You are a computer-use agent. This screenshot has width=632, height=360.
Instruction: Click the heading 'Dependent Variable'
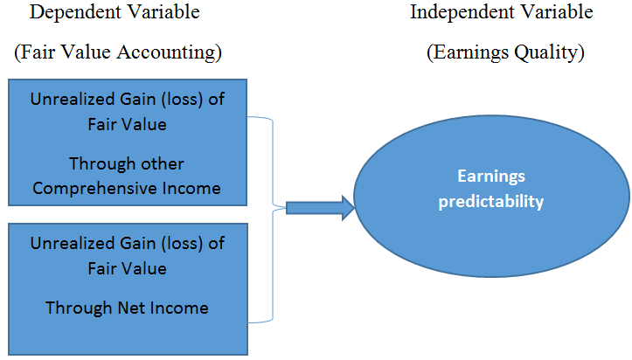[115, 12]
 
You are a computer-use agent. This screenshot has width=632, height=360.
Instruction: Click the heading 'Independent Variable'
[502, 12]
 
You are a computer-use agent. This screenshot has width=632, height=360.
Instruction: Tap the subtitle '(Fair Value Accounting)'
[118, 52]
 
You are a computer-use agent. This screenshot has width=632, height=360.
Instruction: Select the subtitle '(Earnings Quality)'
[505, 52]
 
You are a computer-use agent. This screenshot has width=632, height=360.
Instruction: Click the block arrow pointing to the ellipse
[321, 208]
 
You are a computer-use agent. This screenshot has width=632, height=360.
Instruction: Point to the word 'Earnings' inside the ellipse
[491, 176]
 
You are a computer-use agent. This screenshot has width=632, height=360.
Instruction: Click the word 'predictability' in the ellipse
[491, 201]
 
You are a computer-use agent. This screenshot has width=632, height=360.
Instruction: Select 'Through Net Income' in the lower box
[127, 308]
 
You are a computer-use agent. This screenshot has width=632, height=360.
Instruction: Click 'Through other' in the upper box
[127, 164]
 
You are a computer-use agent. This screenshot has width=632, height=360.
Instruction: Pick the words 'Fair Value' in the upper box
[127, 124]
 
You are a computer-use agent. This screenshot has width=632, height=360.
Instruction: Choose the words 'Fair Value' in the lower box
[127, 268]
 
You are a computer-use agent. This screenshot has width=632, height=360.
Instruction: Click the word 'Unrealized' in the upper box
[67, 99]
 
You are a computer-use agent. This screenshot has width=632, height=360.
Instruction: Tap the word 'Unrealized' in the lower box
[67, 243]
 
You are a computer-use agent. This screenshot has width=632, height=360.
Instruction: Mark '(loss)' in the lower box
[182, 244]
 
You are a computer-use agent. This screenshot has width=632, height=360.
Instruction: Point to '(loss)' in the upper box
[182, 100]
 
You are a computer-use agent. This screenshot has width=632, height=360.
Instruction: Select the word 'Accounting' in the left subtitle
[170, 52]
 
